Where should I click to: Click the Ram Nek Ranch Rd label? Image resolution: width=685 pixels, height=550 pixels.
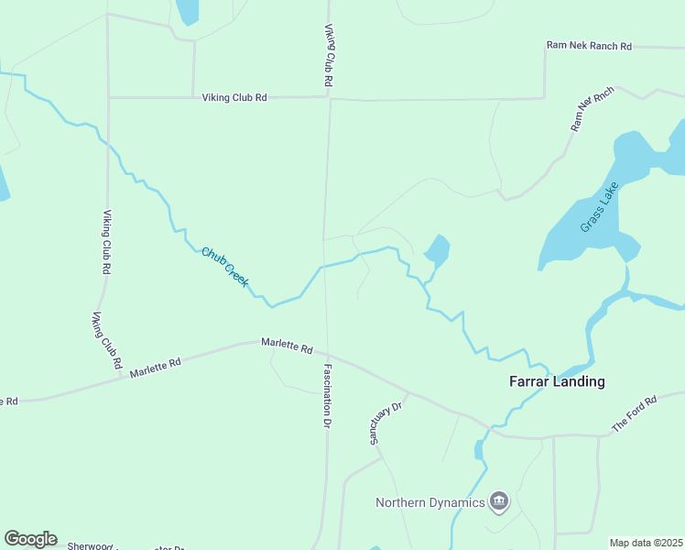click(x=589, y=45)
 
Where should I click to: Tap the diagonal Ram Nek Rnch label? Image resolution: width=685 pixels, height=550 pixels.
click(x=592, y=110)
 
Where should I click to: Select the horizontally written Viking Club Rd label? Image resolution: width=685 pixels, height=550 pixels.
click(x=234, y=97)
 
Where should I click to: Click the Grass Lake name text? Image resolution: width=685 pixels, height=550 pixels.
click(x=600, y=208)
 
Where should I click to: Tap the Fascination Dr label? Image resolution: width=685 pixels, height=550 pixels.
click(x=326, y=396)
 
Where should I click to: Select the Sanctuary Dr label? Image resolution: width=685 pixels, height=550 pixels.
click(x=386, y=423)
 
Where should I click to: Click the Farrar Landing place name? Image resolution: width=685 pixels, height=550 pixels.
click(x=556, y=381)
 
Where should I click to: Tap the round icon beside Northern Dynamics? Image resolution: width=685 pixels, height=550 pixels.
click(x=499, y=500)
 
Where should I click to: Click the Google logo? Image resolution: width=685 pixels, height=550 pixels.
click(x=30, y=539)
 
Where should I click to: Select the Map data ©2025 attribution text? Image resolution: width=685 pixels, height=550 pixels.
click(x=646, y=543)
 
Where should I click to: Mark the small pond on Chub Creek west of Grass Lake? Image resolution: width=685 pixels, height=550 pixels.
click(x=437, y=249)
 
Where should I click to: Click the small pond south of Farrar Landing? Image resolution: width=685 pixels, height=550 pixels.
click(x=478, y=450)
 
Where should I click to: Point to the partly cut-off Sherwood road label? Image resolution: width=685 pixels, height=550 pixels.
click(x=89, y=546)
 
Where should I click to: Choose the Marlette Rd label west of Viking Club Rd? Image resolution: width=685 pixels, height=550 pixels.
click(x=155, y=368)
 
